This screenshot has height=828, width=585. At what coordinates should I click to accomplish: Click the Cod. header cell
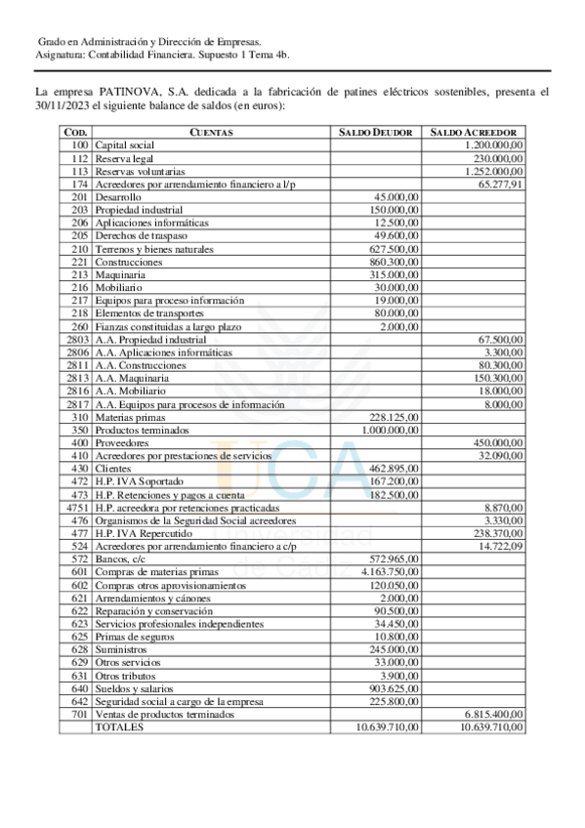point(76,132)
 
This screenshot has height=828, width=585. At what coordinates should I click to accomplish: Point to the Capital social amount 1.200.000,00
point(488,145)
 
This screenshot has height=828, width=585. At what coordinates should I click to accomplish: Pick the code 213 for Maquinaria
point(80,275)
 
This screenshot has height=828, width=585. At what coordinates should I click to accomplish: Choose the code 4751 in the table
point(77,508)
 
